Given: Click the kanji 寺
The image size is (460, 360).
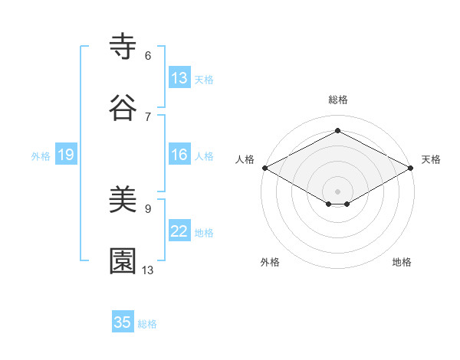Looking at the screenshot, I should coord(123,47).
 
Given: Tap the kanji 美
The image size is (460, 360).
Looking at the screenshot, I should coord(123,201).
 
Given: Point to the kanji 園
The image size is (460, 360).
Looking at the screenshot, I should coord(123,260).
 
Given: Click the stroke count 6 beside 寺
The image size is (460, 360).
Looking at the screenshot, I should coord(148,55).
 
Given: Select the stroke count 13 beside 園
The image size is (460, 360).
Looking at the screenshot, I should coord(148,270).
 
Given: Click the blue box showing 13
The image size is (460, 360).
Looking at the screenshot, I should coord(179,78).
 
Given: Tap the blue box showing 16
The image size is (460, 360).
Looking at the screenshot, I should coord(179,155).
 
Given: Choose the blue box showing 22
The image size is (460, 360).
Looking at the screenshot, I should coord(179,231).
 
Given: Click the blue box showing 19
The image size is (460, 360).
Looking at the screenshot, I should coord(66,155).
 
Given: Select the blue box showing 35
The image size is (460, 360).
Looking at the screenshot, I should coord(123,322).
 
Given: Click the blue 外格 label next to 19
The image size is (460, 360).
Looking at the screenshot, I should coord(41,155).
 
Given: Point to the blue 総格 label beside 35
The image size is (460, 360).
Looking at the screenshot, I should coord(147,323).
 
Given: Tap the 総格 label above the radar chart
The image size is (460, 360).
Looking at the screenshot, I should coord(337,100).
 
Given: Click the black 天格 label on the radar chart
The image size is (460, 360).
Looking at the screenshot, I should coord(431,159).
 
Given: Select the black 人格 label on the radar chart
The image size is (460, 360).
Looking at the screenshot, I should coord(245,159).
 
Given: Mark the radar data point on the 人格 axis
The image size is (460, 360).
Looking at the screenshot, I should coord(264,168).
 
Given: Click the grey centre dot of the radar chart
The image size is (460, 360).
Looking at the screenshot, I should coord(337,191).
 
